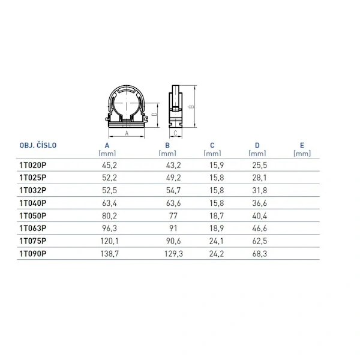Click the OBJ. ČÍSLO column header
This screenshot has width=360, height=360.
click(x=38, y=145)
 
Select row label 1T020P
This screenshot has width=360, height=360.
click(x=33, y=165)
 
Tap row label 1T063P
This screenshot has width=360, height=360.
click(x=33, y=228)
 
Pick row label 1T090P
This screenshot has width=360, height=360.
click(x=33, y=254)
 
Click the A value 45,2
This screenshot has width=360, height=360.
click(x=110, y=166)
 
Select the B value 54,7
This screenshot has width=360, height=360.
click(x=173, y=191)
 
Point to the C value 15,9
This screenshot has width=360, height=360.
click(x=217, y=166)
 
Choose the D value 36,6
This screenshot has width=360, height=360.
click(x=260, y=203)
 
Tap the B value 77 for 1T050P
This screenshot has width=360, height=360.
click(x=173, y=216)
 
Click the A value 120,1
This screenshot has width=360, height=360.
click(x=110, y=241)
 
